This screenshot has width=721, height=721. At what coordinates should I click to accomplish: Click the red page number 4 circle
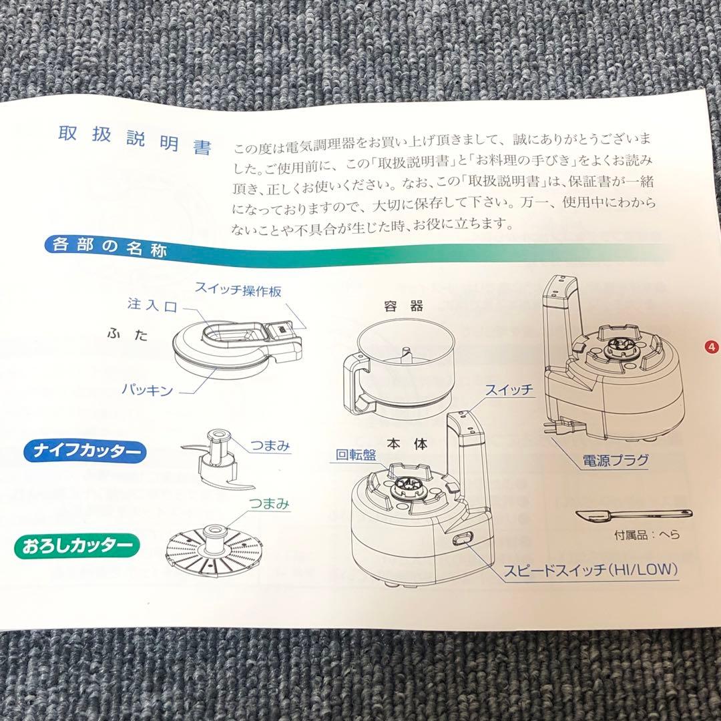pyautogui.click(x=712, y=346)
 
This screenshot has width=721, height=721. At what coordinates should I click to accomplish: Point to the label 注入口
pyautogui.click(x=152, y=304)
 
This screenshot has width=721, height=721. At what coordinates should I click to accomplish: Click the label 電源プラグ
pyautogui.click(x=615, y=460)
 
